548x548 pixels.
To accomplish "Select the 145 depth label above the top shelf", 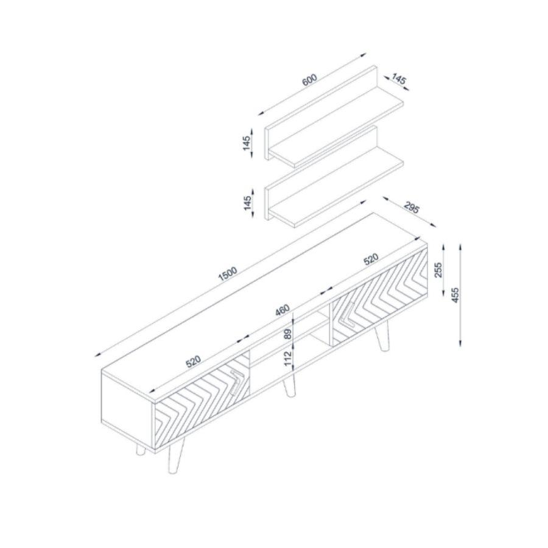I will point(398,79).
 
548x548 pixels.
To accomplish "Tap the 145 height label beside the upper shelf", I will point(247,145).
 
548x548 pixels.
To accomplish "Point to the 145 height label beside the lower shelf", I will point(247,203).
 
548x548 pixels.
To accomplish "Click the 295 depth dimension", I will point(412,208).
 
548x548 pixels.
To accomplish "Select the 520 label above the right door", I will point(371,260).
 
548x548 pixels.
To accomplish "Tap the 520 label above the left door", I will point(193,361).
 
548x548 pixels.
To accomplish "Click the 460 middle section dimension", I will point(282,310).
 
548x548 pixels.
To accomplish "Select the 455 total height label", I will point(455,294).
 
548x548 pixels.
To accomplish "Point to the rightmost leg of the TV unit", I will point(383,337).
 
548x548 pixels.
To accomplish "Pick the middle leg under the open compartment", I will point(289,385).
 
